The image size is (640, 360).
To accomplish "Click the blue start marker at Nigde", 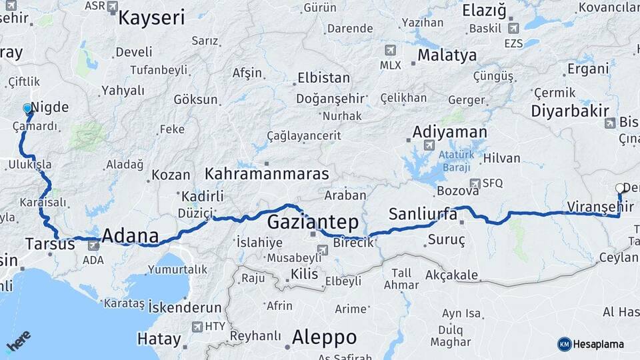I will point(27,109).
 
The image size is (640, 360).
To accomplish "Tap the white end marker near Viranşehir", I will point(620,189).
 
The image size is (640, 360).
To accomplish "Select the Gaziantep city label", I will point(313,222).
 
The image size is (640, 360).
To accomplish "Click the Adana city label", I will point(130,236).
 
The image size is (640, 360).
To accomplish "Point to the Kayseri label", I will point(151,17).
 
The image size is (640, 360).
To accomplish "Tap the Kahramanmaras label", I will point(267,174).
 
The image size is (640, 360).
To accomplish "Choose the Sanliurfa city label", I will point(423,215).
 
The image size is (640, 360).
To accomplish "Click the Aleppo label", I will point(324,336).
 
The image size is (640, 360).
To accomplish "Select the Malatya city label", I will point(447,55).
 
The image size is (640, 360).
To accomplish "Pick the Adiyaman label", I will point(449,131).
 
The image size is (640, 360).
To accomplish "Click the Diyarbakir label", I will point(570,111).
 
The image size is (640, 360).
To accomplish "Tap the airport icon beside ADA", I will point(93,246).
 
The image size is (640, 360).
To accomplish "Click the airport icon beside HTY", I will point(197,327).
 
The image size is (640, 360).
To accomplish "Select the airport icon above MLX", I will point(390,50).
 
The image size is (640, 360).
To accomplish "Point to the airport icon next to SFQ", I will point(475,183).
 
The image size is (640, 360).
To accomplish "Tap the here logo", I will point(19,342).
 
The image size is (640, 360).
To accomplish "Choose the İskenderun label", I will point(185,307).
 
